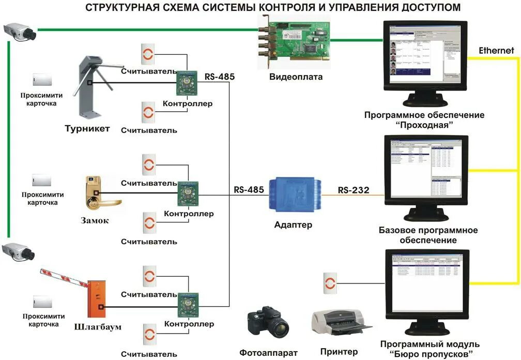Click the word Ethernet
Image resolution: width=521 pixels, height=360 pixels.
pos(496,51)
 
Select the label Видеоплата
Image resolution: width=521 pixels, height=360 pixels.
pos(296,77)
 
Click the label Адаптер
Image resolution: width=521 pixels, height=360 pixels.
pos(294,225)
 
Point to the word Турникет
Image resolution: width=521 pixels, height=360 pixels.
pos(87,128)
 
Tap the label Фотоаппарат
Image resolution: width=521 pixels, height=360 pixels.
pos(268,352)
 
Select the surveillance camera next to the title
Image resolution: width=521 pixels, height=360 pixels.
pos(19,31)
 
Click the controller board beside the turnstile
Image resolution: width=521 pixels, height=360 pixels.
pos(185,81)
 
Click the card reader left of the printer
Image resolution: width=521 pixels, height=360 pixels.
pos(329,282)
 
